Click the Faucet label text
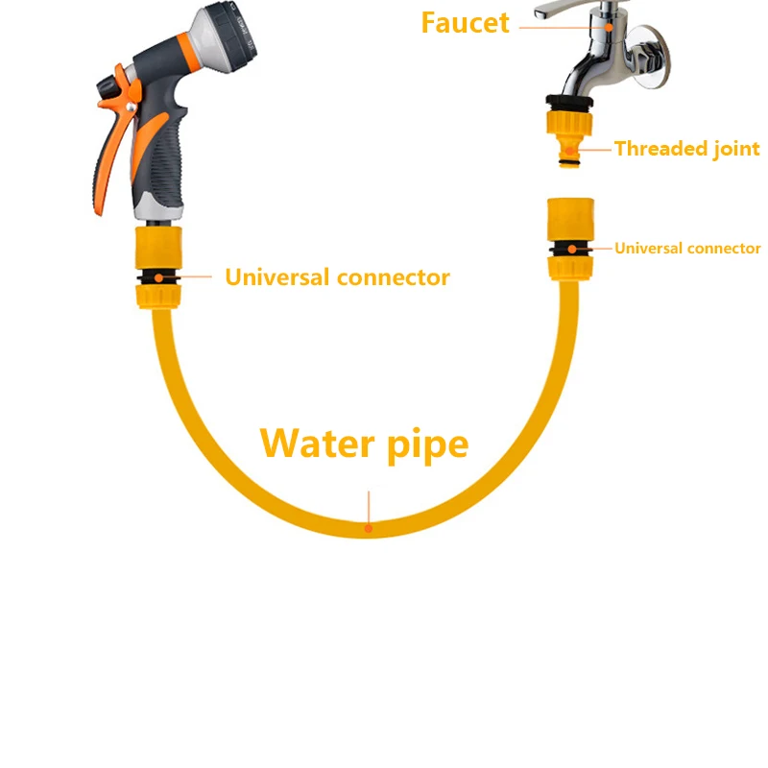(465, 22)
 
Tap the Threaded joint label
(686, 149)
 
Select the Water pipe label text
(365, 444)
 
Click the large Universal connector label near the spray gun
(337, 277)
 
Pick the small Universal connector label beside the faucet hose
(687, 248)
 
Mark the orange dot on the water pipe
(367, 526)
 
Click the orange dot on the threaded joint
(570, 149)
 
